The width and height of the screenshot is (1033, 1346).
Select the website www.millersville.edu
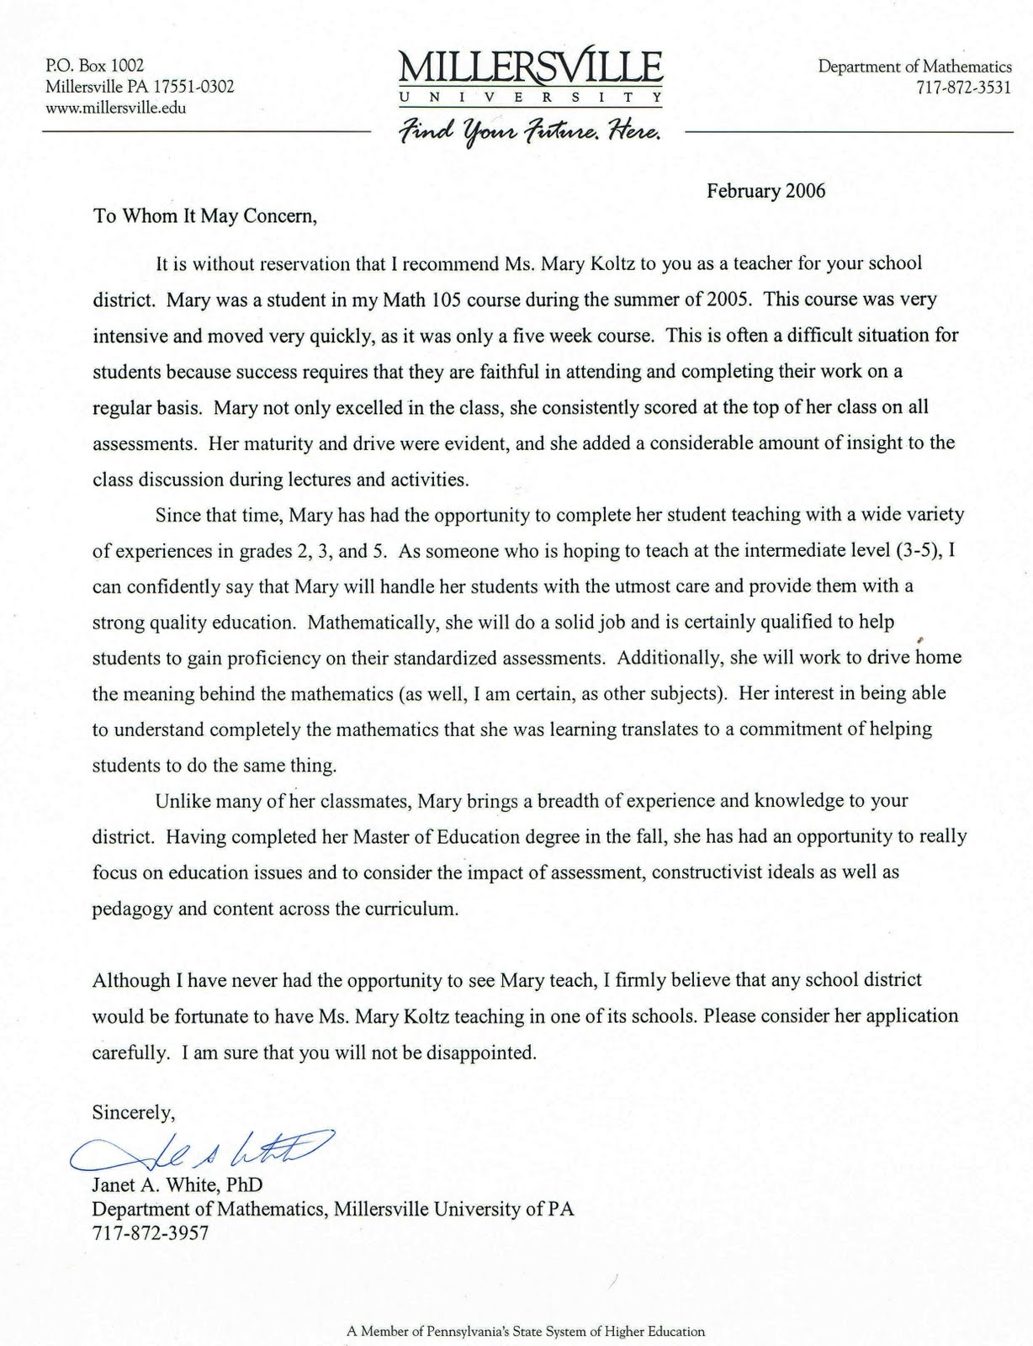point(116,108)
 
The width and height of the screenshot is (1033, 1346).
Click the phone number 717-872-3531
point(963,87)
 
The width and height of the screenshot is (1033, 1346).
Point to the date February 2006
point(765,191)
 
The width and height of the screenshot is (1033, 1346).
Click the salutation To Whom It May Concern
point(205,216)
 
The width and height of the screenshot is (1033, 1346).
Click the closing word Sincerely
point(133,1113)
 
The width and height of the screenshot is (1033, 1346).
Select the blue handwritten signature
point(202,1151)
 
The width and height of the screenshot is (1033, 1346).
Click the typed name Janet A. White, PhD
point(177,1185)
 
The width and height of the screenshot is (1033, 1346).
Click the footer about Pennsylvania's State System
point(526,1332)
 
